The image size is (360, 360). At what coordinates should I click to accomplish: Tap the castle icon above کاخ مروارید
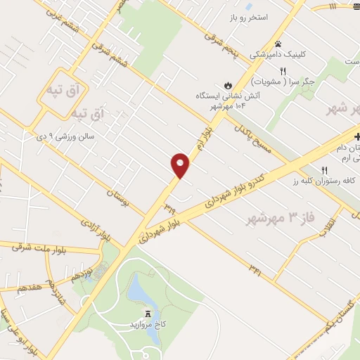[148, 314]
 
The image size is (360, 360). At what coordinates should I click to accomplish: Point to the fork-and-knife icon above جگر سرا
[283, 71]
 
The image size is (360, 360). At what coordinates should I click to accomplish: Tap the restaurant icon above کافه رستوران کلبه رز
[324, 170]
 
